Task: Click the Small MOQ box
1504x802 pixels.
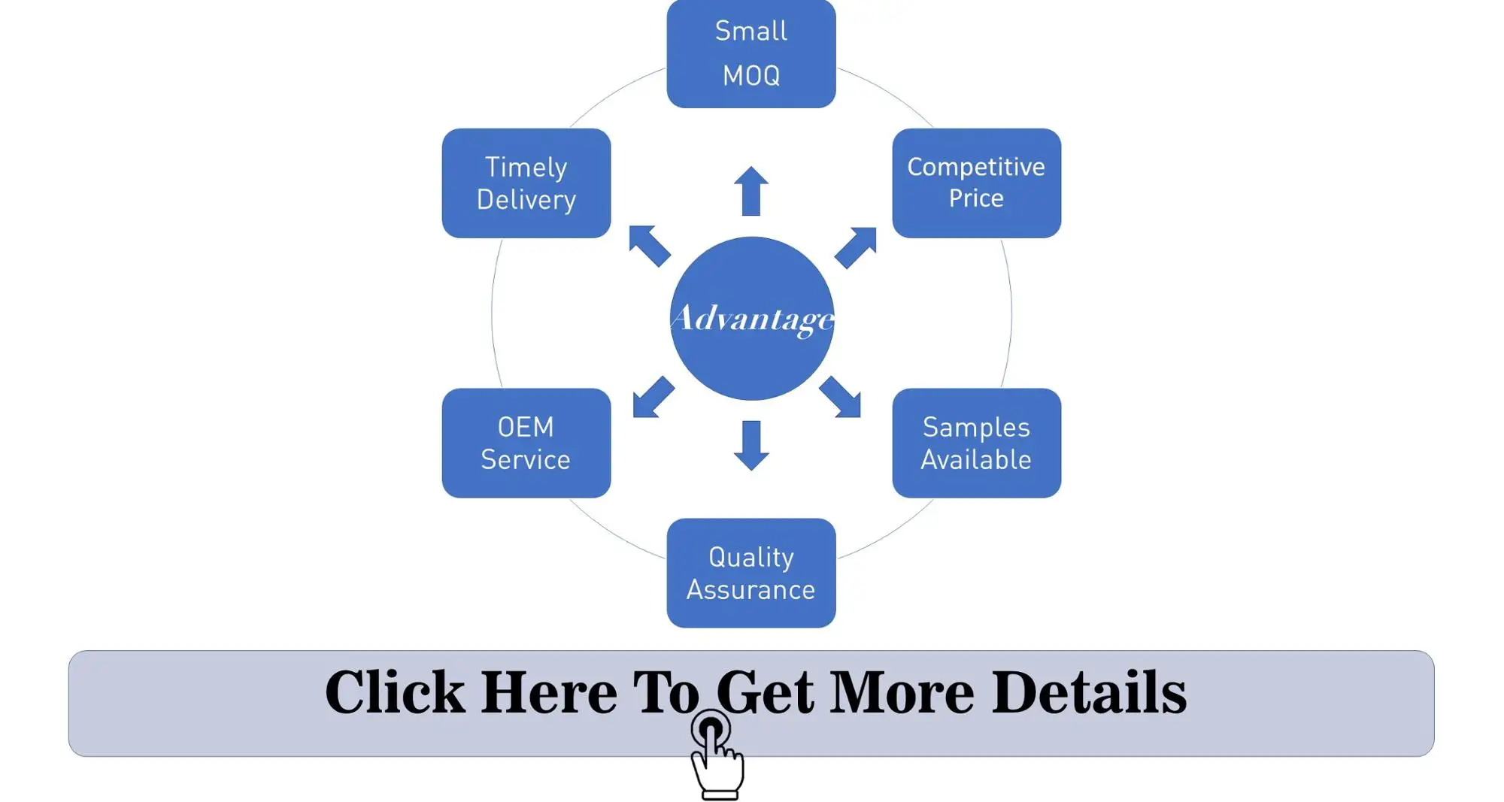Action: pos(750,53)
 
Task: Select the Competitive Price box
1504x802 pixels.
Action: pos(976,183)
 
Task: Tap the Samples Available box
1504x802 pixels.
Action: pos(976,443)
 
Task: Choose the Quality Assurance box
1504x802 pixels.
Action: pos(750,573)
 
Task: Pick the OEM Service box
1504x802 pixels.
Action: pos(526,443)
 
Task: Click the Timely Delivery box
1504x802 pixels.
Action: pos(526,183)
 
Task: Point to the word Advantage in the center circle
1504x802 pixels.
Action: pos(752,319)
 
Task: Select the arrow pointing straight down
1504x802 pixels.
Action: pos(750,446)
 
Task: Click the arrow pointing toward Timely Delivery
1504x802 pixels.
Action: pos(648,245)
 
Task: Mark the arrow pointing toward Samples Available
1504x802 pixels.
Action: pos(841,397)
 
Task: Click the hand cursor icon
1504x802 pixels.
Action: pos(717,759)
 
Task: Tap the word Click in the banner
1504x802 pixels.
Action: pos(395,692)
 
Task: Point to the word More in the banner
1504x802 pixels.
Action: pos(902,692)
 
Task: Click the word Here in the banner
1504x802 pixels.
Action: pos(549,692)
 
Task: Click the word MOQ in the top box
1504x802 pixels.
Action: pos(750,76)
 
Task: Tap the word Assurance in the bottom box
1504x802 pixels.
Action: pos(750,590)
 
